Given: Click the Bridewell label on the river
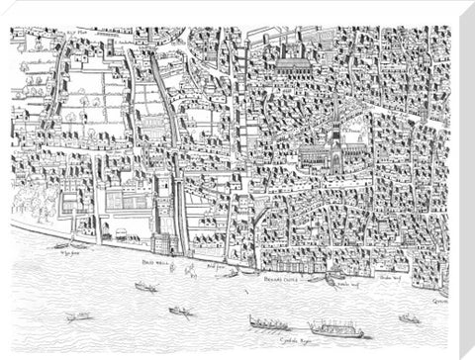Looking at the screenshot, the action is pos(152,263).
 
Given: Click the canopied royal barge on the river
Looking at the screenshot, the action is pos(335,327).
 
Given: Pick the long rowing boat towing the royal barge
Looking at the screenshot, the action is pos(270,323).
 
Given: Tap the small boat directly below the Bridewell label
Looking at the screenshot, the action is pos(145,287).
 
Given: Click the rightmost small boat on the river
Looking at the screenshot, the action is pos(409,318).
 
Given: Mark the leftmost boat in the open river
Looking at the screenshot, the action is pos(77,316).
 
